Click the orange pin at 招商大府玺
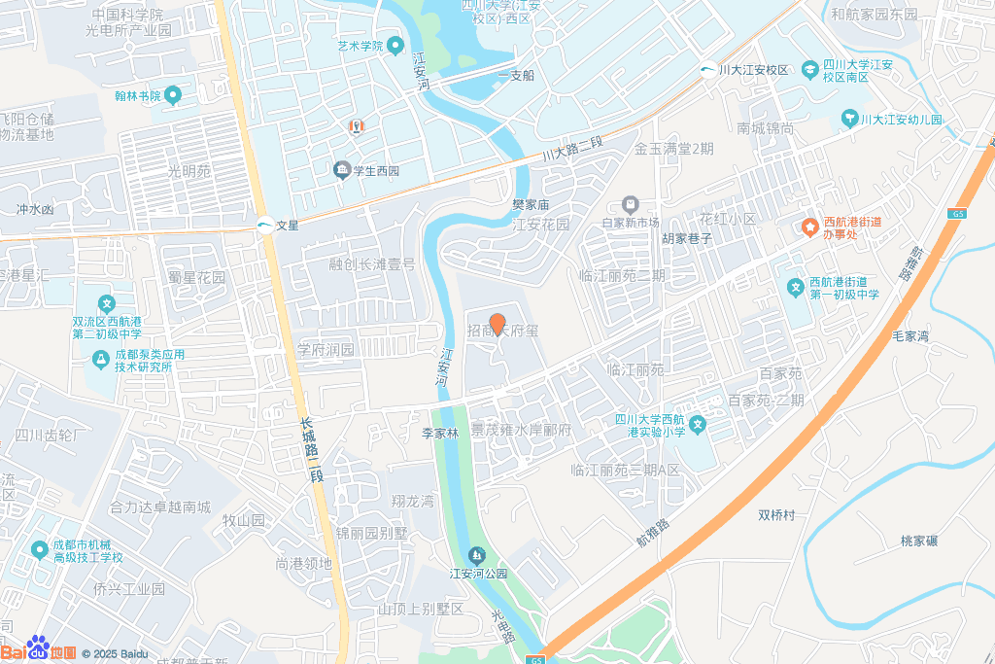click(497, 325)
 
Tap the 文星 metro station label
click(288, 225)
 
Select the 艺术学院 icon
click(395, 46)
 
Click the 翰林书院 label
click(137, 95)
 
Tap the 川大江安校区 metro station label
click(752, 70)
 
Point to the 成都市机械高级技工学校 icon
click(39, 550)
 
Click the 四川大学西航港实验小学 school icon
click(697, 425)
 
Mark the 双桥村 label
click(776, 514)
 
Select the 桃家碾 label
click(919, 541)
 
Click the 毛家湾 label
click(910, 336)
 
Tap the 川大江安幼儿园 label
click(902, 120)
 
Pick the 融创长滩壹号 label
click(371, 264)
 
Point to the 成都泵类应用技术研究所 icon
click(99, 360)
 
